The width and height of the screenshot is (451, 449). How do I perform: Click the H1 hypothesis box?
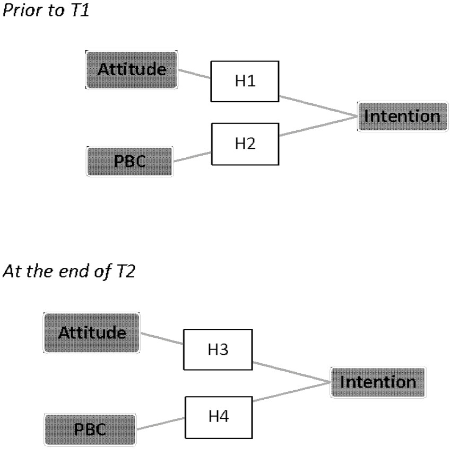tap(245, 82)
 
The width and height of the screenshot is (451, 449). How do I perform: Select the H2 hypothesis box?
tap(245, 143)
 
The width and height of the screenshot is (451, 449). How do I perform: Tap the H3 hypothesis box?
tap(218, 349)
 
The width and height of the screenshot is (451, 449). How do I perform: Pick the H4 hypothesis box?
tap(218, 417)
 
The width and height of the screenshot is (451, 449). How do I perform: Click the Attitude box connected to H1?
tap(132, 69)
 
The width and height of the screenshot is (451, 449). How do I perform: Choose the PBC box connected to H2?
tap(129, 161)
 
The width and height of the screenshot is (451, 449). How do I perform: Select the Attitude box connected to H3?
tap(92, 333)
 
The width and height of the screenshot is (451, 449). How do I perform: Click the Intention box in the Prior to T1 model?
tap(399, 116)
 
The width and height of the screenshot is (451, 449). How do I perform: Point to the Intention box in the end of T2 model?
tap(377, 382)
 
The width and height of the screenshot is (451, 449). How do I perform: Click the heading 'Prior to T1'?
tap(46, 11)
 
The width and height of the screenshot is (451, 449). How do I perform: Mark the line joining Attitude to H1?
tap(194, 74)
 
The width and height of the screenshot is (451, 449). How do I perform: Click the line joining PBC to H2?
tap(192, 156)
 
